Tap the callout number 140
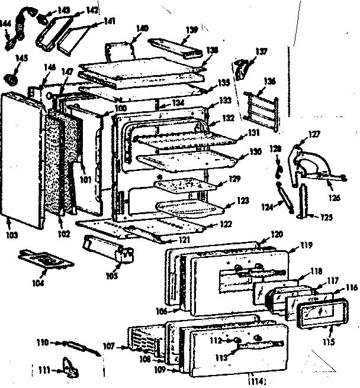142,27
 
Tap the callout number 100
120,109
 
